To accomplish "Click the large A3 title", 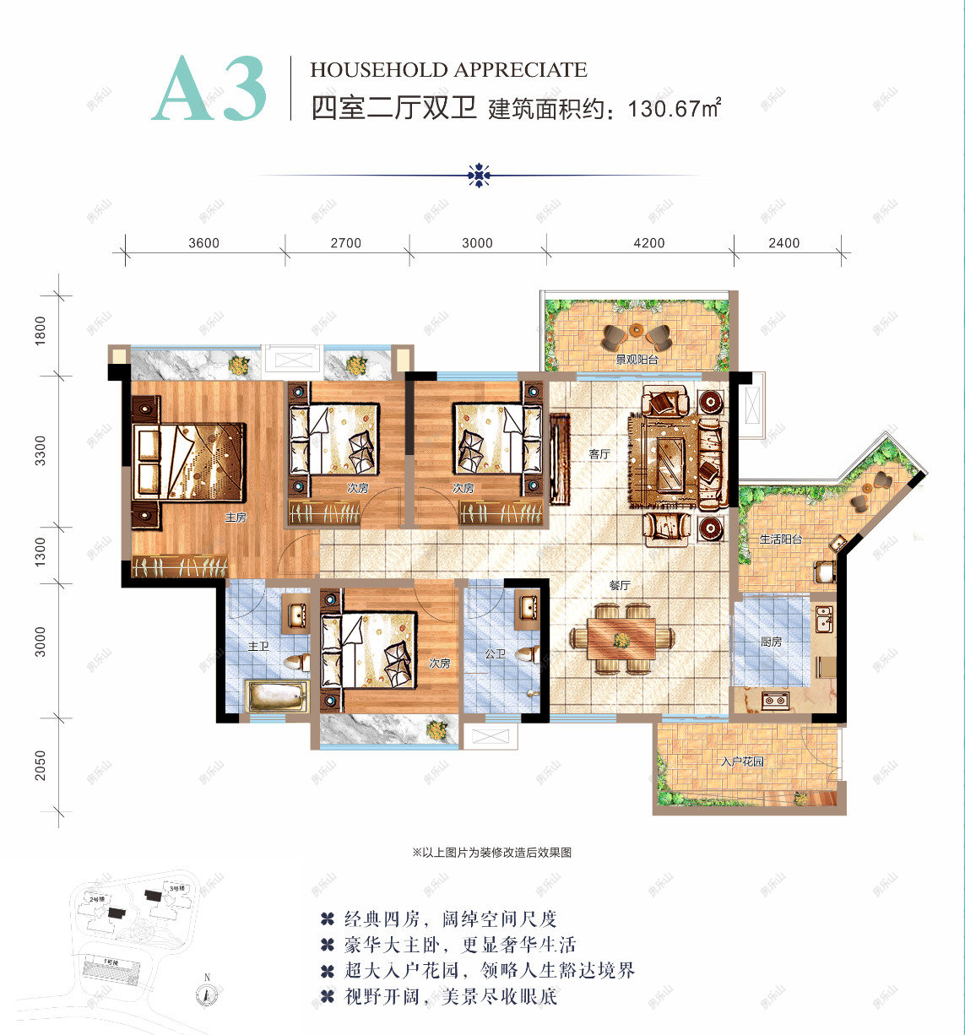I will coord(210,90).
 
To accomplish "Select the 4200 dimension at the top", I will coord(648,243).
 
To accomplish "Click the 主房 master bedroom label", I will coord(236,517).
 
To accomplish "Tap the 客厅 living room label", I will coord(599,454).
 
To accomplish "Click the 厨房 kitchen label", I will coord(771,642).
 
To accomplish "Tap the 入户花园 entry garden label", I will coord(742,761).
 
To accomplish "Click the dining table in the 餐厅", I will coord(621,638).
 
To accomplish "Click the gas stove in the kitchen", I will coord(775,699).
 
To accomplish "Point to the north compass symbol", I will coord(205,992).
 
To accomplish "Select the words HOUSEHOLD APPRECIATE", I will coord(448,70).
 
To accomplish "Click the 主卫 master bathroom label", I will coord(258,647).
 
